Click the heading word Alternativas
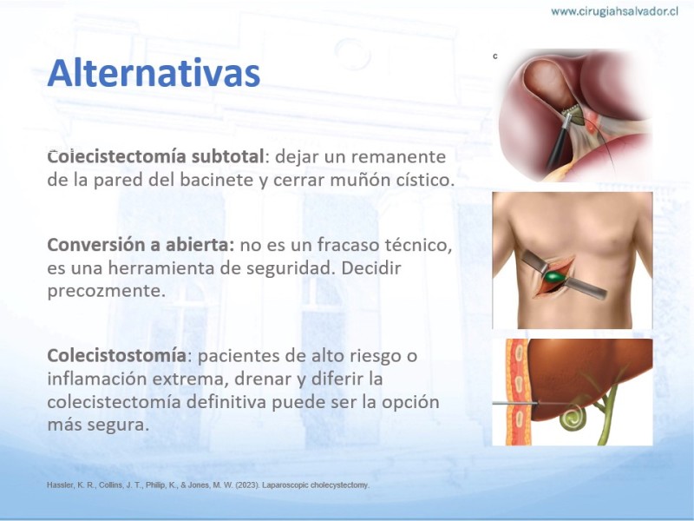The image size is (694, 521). coord(154,73)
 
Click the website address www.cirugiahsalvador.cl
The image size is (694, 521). coord(614,11)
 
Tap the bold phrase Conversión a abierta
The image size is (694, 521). coord(141,245)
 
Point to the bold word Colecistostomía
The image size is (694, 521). coord(117,355)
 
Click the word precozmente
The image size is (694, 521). coord(106,291)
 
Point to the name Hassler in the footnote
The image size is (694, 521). coord(61,485)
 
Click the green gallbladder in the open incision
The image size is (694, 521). coord(554,277)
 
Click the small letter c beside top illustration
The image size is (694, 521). coord(495,56)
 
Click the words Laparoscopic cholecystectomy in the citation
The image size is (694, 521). coord(316,485)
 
